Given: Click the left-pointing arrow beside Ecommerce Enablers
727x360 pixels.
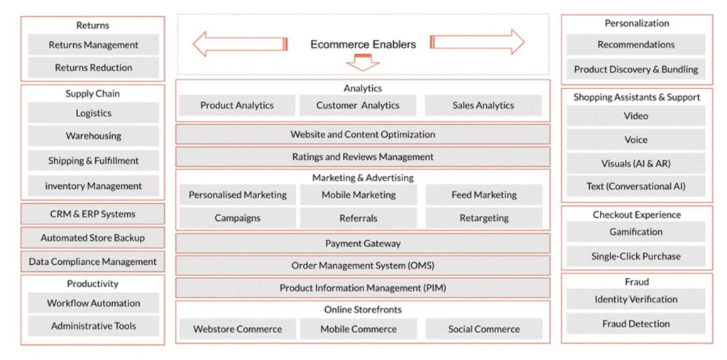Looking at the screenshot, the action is click(240, 43).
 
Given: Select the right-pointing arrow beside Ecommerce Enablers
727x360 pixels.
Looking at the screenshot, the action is click(478, 42).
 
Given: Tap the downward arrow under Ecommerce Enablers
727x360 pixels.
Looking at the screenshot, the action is click(363, 62).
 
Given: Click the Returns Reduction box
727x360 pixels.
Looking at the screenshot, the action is click(93, 67).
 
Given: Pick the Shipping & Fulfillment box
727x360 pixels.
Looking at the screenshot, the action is click(93, 161).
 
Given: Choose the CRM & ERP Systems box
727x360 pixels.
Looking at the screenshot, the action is click(93, 214).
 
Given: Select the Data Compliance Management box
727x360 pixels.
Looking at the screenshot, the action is click(93, 261).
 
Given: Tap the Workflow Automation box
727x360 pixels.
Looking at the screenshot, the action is click(93, 303).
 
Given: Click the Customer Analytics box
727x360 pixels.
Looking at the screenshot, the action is click(358, 105).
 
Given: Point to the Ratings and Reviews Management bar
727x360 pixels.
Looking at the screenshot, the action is click(363, 157).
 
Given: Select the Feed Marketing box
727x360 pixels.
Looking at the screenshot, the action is click(484, 195).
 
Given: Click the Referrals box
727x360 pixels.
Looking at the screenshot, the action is click(358, 218).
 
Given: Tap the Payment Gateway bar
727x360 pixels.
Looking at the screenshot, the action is click(363, 244).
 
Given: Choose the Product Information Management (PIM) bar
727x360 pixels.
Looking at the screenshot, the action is click(363, 288).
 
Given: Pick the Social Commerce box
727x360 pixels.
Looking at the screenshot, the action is click(484, 329).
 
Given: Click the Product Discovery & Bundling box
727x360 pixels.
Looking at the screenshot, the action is click(636, 69).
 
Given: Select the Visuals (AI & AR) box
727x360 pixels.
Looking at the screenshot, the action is click(636, 163).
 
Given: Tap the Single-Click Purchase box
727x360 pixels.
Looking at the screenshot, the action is click(636, 256).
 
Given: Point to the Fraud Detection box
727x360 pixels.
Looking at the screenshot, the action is click(636, 324).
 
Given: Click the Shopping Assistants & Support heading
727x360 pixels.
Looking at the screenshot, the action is click(637, 97).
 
